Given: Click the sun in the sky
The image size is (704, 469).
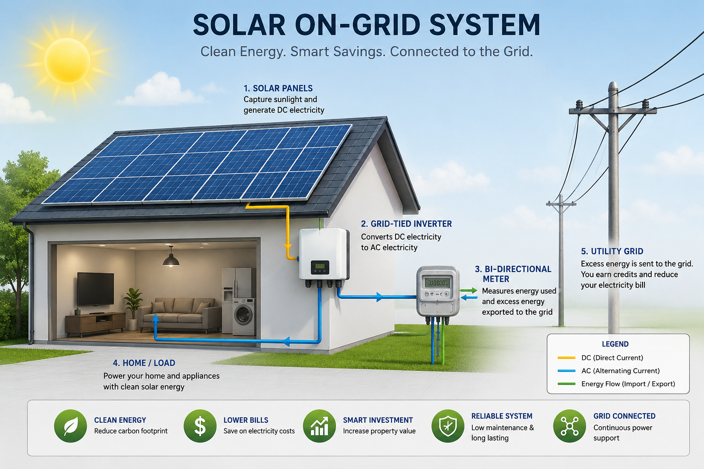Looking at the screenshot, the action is tap(67, 61).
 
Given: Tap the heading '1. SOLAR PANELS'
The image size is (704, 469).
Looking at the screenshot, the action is tap(278, 88).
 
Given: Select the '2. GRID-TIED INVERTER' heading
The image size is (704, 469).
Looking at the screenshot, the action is tap(406, 224).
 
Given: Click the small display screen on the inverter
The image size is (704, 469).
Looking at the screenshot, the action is tap(320, 267).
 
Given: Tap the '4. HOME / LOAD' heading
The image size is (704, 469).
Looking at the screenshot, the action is tap(144, 363).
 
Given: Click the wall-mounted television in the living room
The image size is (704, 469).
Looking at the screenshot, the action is tap(95, 289).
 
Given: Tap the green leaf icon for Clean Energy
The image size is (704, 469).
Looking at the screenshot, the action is tap(70, 426).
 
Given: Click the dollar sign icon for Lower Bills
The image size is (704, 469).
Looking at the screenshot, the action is tap(200, 426).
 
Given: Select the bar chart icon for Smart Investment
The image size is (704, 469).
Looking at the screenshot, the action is tap(319, 426).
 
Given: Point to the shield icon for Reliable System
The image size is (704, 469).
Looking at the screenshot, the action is tap(448, 426).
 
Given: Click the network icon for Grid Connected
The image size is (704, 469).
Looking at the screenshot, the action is tap(570, 426).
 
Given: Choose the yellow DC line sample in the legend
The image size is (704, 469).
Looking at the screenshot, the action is tap(566, 358).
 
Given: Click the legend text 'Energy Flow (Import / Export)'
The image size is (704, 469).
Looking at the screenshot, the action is tap(628, 384).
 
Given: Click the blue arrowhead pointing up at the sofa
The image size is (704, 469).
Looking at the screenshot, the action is tap(155, 318).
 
